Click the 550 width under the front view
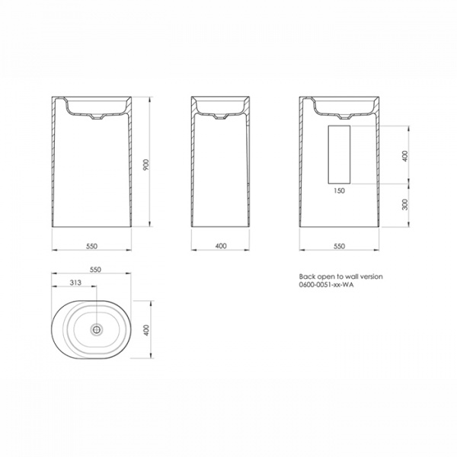tap(92, 245)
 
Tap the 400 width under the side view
tap(221, 245)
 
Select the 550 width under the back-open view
tap(340, 245)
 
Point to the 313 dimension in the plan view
tap(74, 283)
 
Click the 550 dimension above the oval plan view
tap(96, 269)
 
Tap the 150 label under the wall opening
tap(340, 192)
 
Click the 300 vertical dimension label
tap(405, 203)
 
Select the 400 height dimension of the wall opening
tap(405, 155)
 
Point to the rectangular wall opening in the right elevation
tap(339, 155)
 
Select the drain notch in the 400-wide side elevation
tap(222, 118)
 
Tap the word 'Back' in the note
tap(306, 276)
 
